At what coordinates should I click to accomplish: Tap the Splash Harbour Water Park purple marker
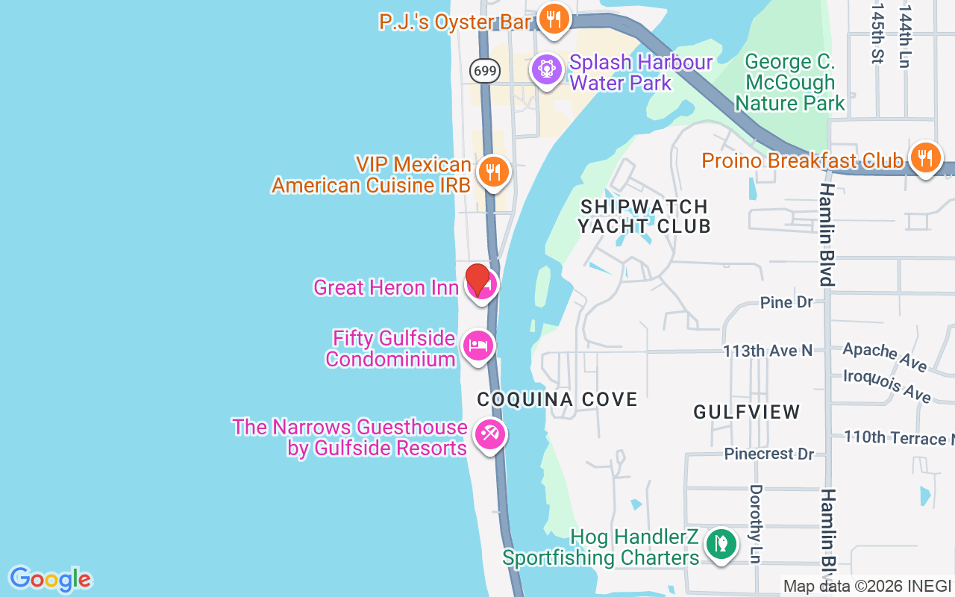546,70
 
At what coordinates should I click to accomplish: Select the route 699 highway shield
485,71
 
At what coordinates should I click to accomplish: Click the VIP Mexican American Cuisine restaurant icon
492,172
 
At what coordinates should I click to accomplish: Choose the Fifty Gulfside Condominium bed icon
478,346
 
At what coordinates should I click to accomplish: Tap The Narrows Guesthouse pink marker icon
489,434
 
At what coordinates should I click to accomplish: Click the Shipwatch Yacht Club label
644,216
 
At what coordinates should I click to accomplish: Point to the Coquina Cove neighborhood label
557,399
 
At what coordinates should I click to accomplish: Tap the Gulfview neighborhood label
747,411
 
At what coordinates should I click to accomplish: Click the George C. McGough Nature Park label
790,82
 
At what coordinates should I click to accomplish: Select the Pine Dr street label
786,302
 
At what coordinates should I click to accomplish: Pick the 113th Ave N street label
767,351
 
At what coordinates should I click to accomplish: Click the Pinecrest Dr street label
768,454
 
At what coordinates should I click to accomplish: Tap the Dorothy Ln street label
756,524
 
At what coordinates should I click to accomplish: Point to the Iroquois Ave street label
887,385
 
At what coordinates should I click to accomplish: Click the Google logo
50,579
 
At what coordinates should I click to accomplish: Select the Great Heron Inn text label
386,287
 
